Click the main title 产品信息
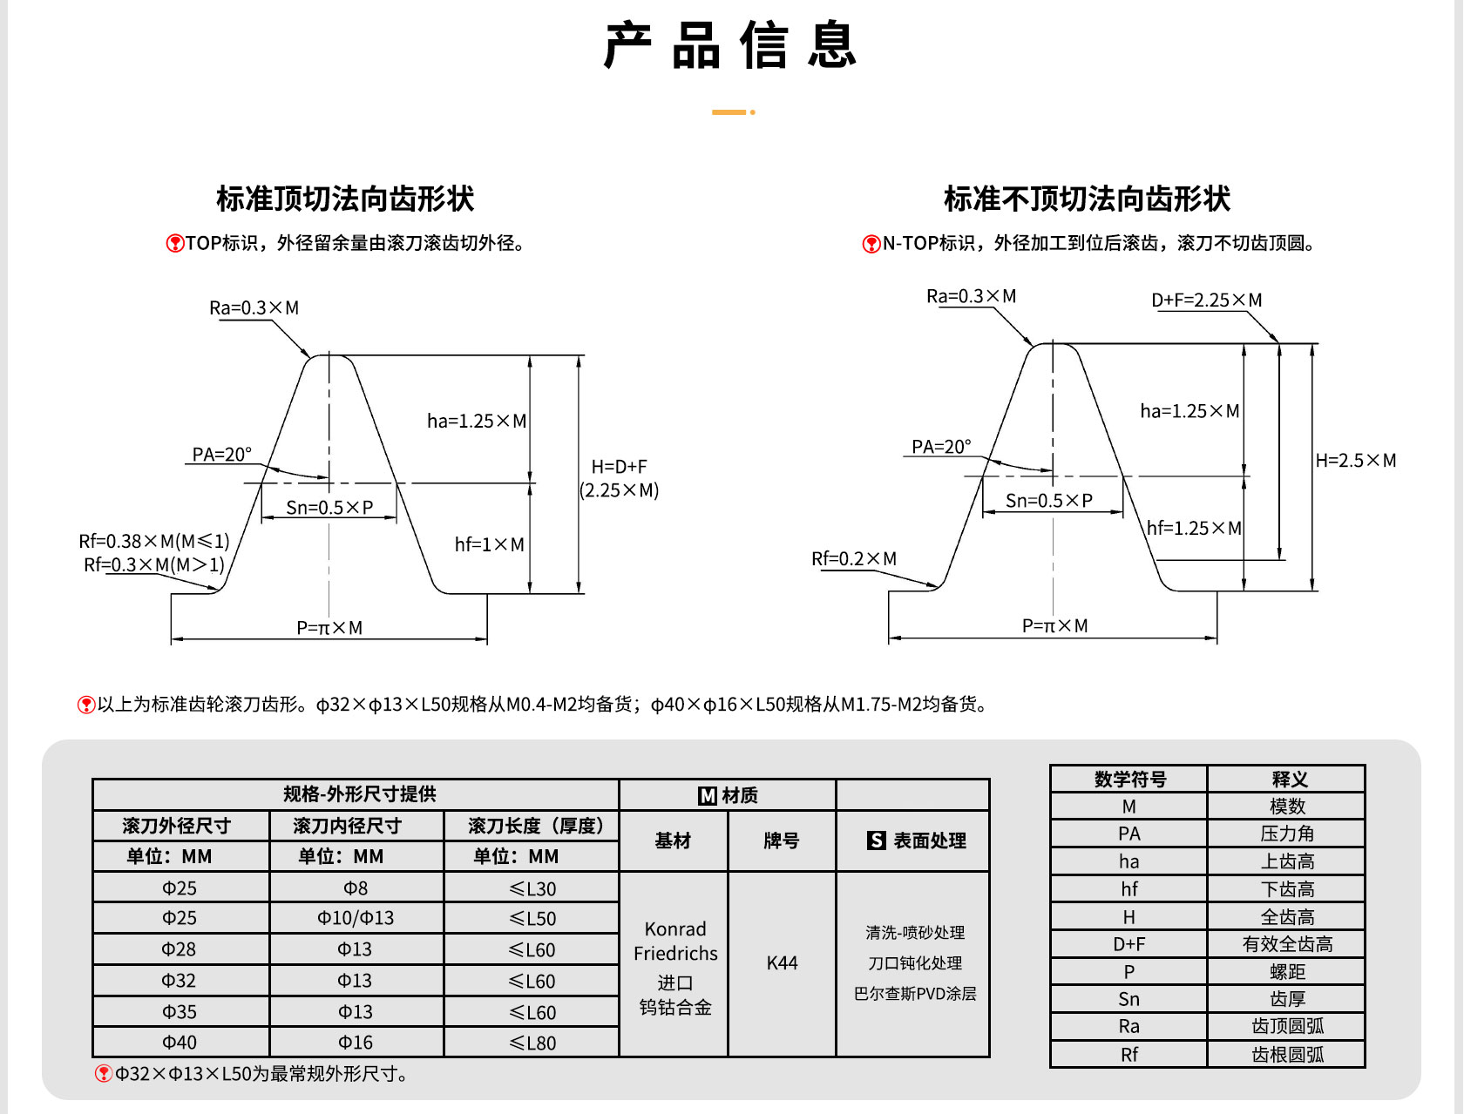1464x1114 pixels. pos(730,45)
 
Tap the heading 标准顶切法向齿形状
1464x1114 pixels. pos(345,199)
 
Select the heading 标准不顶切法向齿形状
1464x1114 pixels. pos(1087,199)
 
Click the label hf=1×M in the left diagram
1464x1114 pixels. pos(490,544)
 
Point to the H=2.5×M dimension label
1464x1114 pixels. pos(1355,460)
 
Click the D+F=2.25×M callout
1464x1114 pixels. pos(1207,300)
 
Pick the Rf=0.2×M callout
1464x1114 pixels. pos(854,558)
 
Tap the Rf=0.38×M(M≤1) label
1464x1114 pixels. pos(154,541)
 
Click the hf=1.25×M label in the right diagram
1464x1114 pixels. pos(1194,528)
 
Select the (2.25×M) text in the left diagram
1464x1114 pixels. pos(619,490)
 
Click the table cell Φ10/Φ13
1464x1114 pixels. pos(356,918)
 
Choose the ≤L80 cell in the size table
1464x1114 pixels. pos(532,1043)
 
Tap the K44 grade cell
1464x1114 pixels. pos(782,962)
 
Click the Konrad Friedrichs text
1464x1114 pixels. pos(675,942)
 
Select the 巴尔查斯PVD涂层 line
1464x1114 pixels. pos(914,994)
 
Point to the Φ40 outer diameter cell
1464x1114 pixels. pos(180,1042)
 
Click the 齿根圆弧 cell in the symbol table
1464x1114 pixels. pos(1287,1055)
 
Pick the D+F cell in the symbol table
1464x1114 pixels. pos(1128,944)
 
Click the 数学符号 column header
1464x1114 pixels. pos(1130,780)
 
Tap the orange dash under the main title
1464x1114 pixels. pos(729,112)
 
